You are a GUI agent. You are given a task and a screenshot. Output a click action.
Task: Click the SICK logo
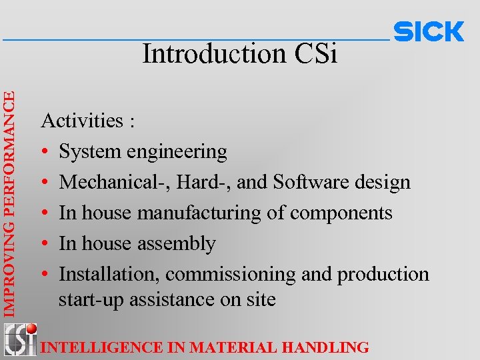(429, 32)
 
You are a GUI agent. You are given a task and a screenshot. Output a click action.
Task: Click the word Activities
(83, 121)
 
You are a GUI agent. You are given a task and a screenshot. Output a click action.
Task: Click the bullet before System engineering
(45, 152)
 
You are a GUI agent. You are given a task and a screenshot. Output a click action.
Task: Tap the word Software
(313, 182)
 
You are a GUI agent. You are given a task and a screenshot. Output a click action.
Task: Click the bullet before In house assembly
(45, 244)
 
